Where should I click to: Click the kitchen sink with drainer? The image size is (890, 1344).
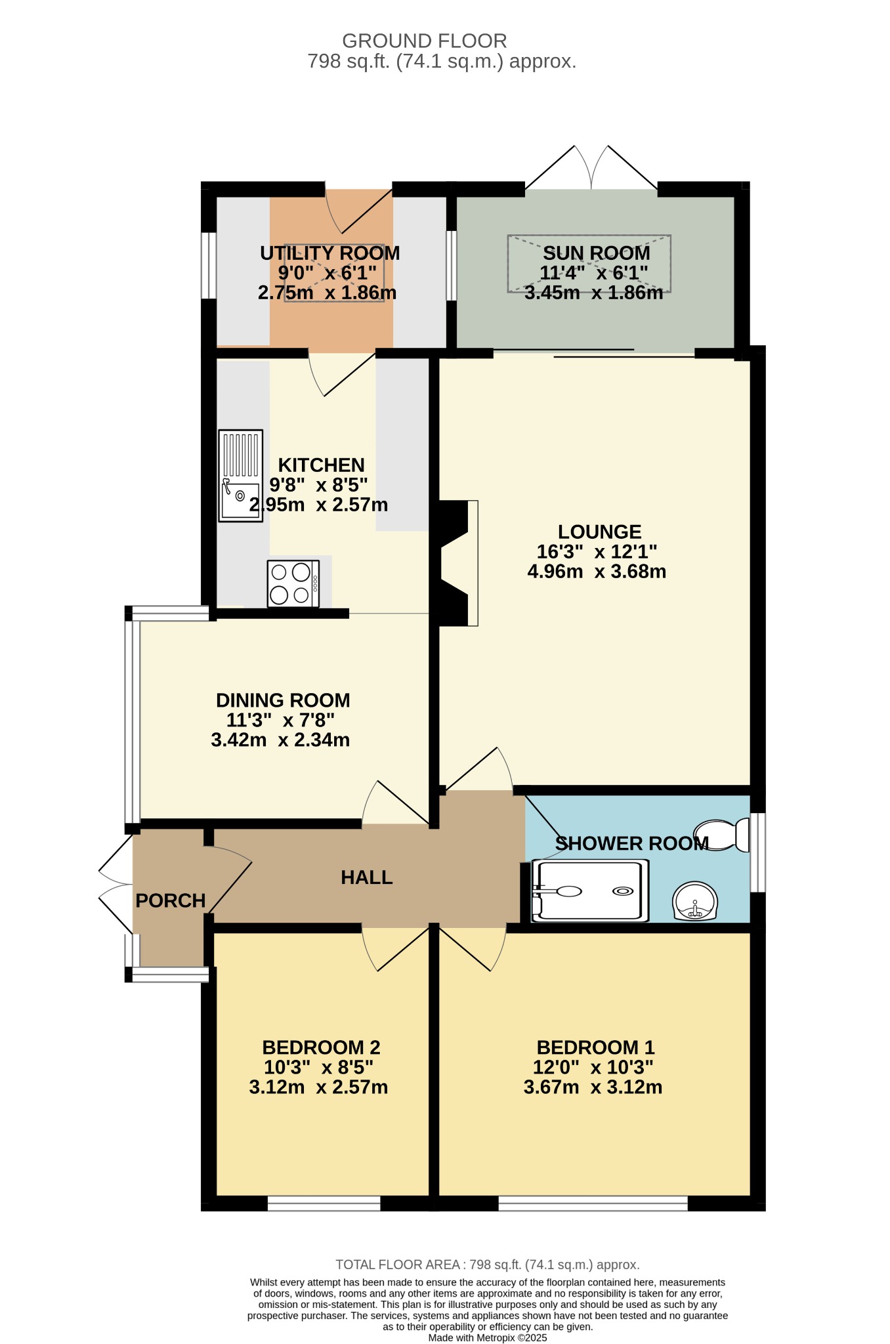point(240,476)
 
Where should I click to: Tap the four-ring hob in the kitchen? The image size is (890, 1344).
point(293,583)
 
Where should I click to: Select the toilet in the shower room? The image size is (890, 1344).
point(722,835)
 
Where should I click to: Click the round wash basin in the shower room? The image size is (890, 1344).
point(695,901)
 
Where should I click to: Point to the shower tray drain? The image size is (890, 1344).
point(622,891)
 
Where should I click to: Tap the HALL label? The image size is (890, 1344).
point(367,877)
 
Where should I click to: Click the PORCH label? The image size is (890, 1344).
point(171,900)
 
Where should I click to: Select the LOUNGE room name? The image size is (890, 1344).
point(599,532)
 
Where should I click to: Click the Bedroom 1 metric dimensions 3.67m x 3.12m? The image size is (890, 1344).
point(593,1087)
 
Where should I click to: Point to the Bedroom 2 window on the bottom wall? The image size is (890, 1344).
point(324,1203)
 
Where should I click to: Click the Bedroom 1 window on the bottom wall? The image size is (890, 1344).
point(593,1203)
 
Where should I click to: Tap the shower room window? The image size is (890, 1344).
point(757,852)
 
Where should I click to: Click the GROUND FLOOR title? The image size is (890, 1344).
point(425,41)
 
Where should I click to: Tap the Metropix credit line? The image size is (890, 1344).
point(488,1337)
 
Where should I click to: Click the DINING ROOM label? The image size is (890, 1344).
point(283,700)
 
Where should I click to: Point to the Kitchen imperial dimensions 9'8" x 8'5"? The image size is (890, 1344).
point(318,485)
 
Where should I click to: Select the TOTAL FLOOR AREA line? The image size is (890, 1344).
point(488,1265)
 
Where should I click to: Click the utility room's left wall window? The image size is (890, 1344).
point(209,265)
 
